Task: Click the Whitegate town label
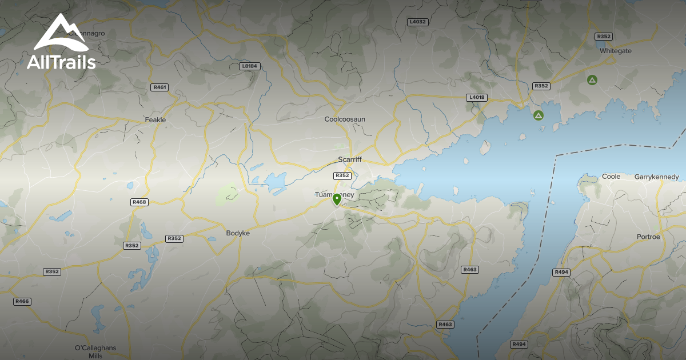pyautogui.click(x=616, y=51)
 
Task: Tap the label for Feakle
pyautogui.click(x=155, y=120)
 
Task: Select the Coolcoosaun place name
pyautogui.click(x=345, y=119)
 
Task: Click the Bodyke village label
pyautogui.click(x=238, y=233)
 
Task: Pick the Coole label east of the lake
pyautogui.click(x=611, y=177)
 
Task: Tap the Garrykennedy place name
pyautogui.click(x=657, y=177)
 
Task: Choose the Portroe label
pyautogui.click(x=648, y=237)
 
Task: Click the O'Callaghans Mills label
pyautogui.click(x=95, y=351)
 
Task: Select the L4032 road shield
pyautogui.click(x=418, y=22)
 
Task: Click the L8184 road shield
pyautogui.click(x=250, y=66)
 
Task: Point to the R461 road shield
pyautogui.click(x=160, y=87)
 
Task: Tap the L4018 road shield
pyautogui.click(x=476, y=98)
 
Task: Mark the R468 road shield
pyautogui.click(x=139, y=202)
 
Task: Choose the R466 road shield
pyautogui.click(x=22, y=301)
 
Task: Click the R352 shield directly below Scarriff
pyautogui.click(x=342, y=175)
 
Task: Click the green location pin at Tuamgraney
pyautogui.click(x=337, y=199)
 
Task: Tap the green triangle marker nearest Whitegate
pyautogui.click(x=592, y=79)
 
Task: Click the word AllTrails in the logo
pyautogui.click(x=61, y=62)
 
